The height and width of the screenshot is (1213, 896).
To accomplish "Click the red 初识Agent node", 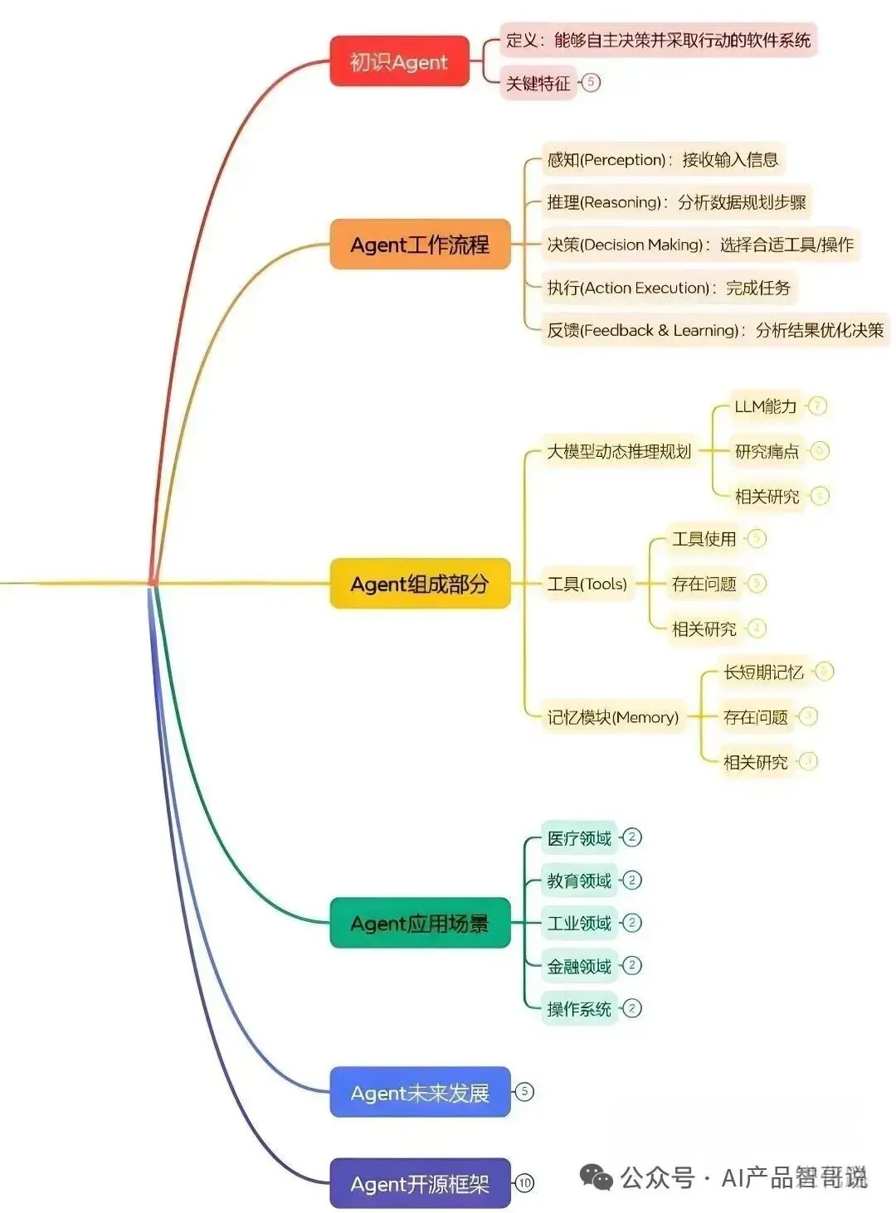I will pyautogui.click(x=399, y=61).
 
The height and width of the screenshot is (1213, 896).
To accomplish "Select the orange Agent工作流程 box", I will pyautogui.click(x=420, y=245).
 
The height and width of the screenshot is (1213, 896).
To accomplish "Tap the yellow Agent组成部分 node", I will pyautogui.click(x=420, y=584).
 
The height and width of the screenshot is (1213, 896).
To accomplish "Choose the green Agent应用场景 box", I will pyautogui.click(x=420, y=923).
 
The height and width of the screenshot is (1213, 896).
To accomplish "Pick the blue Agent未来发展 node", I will pyautogui.click(x=420, y=1093).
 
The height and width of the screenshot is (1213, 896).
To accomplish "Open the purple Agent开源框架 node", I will pyautogui.click(x=420, y=1184).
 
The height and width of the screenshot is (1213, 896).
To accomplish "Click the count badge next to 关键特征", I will pyautogui.click(x=591, y=82).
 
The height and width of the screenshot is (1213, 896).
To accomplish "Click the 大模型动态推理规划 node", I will pyautogui.click(x=619, y=452).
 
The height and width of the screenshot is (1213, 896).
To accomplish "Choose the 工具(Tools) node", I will pyautogui.click(x=587, y=584).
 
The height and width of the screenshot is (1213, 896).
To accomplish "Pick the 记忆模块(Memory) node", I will pyautogui.click(x=612, y=717).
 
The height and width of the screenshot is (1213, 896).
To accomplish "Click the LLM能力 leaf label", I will pyautogui.click(x=765, y=406).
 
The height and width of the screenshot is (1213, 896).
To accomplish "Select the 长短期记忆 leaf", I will pyautogui.click(x=763, y=672).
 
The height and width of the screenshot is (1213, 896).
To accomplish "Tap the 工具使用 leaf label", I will pyautogui.click(x=704, y=539).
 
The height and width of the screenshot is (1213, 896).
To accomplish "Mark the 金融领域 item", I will pyautogui.click(x=579, y=966).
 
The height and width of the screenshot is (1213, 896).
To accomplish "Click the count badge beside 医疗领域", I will pyautogui.click(x=631, y=837).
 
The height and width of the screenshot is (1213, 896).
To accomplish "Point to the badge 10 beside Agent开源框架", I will pyautogui.click(x=524, y=1183).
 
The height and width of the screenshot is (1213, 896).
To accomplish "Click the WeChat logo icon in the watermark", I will pyautogui.click(x=597, y=1177).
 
